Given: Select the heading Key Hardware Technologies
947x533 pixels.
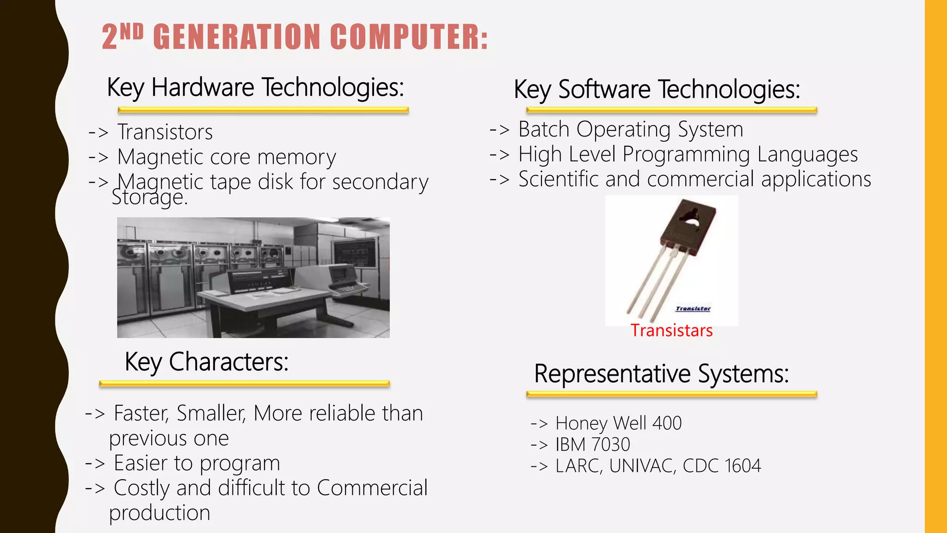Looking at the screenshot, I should click(x=255, y=87).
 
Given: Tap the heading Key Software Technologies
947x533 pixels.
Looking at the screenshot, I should click(x=657, y=89).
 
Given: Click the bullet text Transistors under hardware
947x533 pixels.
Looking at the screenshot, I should click(x=165, y=132).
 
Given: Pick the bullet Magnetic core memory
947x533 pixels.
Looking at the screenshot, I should click(x=226, y=157).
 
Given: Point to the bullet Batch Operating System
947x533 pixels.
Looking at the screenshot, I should click(x=630, y=130).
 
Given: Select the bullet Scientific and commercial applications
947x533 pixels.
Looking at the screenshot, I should click(x=694, y=180).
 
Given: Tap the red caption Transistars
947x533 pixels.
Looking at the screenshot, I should click(x=671, y=331).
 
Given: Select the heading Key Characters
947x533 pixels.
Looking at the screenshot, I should click(x=207, y=362).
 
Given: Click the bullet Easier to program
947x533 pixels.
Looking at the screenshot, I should click(x=197, y=464).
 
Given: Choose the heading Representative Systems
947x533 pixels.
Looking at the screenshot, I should click(x=661, y=374).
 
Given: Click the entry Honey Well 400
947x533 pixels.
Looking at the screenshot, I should click(x=618, y=423).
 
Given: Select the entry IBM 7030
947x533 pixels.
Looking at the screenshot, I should click(x=592, y=445).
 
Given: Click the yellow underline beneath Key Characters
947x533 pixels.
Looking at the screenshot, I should click(x=244, y=384).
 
